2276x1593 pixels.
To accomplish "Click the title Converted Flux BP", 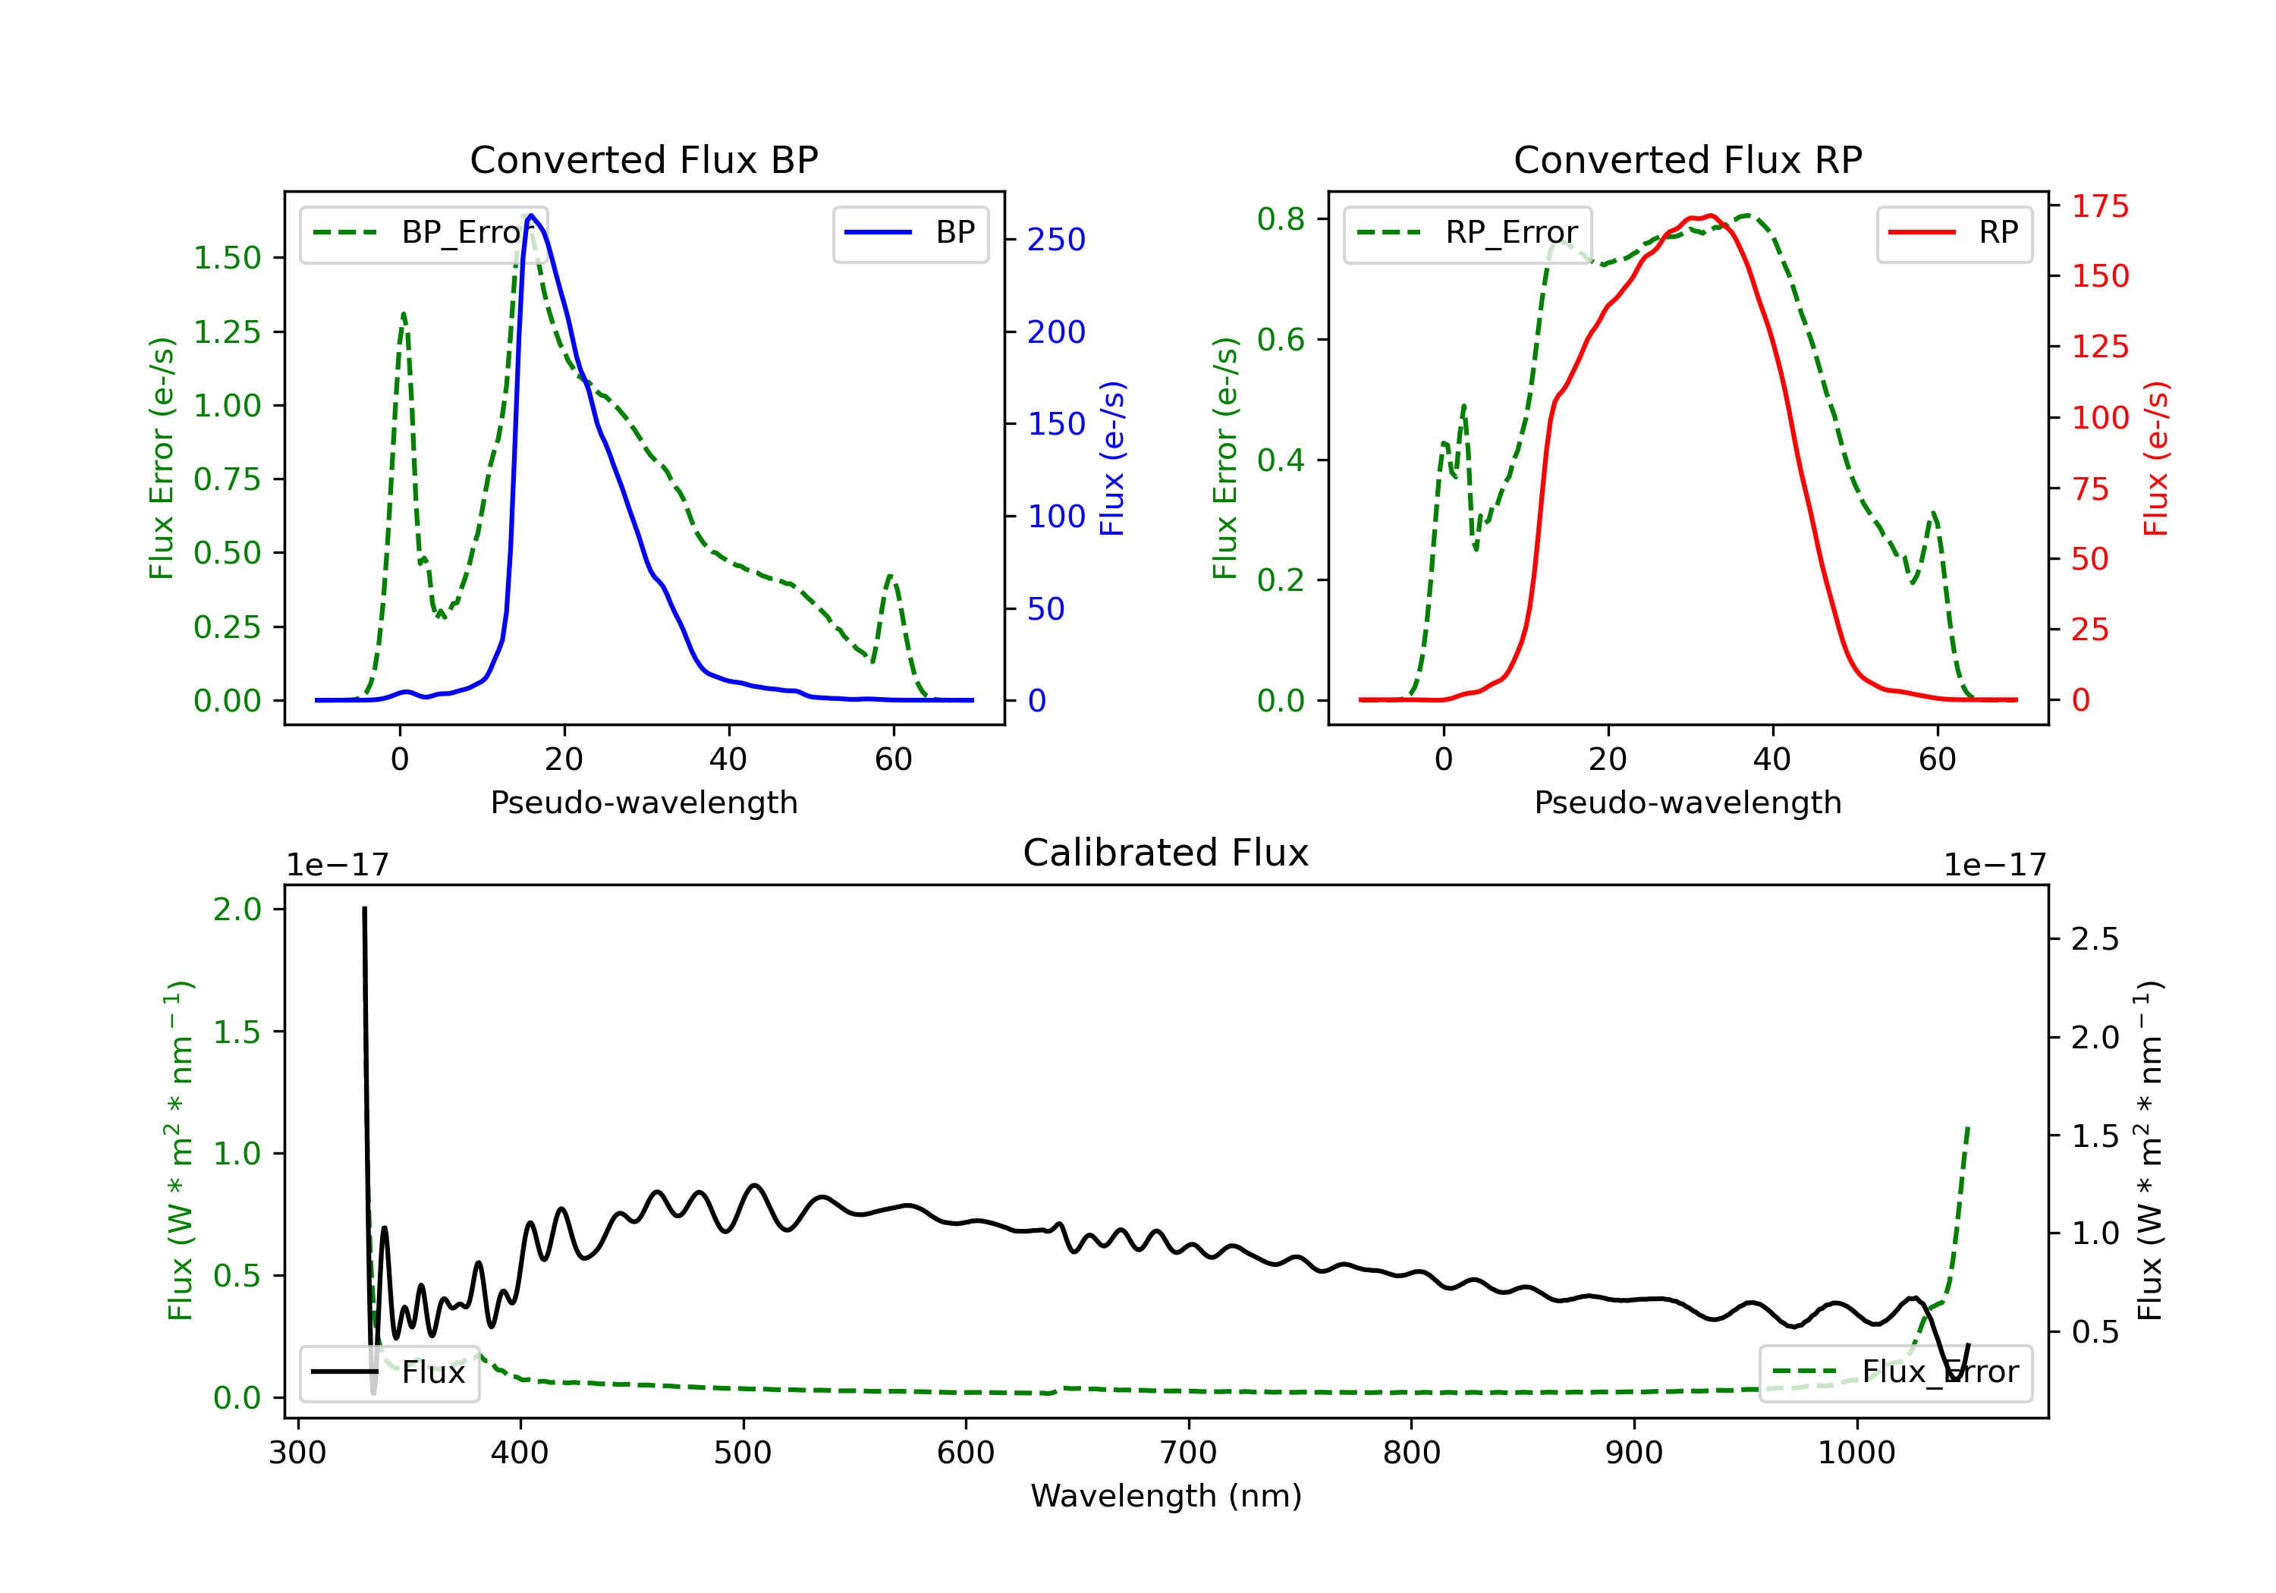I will [643, 159].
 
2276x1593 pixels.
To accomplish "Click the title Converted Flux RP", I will [1687, 159].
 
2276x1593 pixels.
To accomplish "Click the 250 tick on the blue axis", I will [1056, 240].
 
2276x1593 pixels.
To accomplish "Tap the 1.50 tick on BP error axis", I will [227, 258].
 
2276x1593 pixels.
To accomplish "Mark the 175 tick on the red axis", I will [2099, 206].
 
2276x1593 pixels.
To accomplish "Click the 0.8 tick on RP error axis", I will [1281, 219].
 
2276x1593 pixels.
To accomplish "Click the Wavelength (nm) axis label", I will [1166, 1496].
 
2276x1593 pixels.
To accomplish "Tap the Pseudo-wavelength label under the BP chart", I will [643, 802].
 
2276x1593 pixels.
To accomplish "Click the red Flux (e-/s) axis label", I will [2155, 458].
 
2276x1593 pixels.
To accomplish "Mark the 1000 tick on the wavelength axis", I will [1856, 1453].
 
